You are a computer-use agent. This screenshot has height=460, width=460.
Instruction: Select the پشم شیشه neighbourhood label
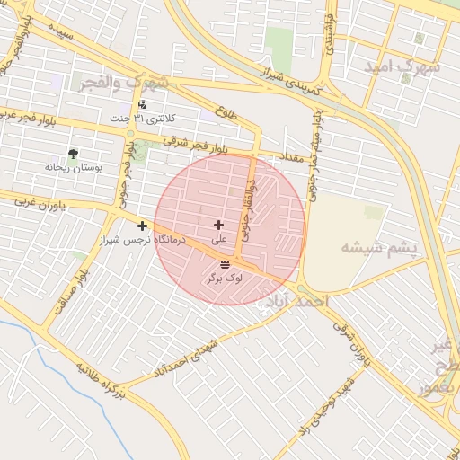click(x=381, y=247)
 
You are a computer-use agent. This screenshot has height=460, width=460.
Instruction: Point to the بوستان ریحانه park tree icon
click(x=74, y=154)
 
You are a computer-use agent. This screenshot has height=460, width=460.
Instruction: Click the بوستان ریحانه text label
click(x=74, y=167)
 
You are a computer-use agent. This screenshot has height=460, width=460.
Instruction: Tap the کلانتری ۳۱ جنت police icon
click(x=141, y=105)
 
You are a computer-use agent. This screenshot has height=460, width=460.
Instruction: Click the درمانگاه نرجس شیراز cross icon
click(x=142, y=226)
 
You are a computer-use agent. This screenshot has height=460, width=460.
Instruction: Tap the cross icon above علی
click(x=219, y=225)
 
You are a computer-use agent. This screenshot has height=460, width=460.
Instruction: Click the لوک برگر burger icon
click(x=225, y=263)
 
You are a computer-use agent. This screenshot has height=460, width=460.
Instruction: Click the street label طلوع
click(x=227, y=113)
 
